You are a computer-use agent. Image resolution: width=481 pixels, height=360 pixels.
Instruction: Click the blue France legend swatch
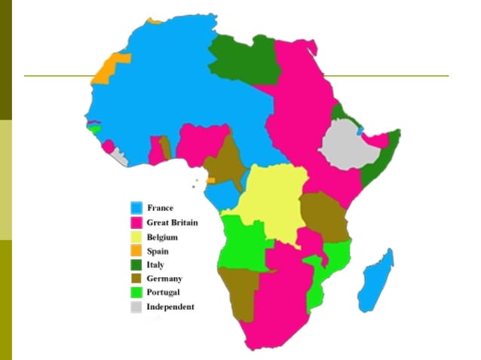click(x=137, y=208)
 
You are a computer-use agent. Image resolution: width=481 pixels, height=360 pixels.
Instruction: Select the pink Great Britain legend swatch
click(x=137, y=223)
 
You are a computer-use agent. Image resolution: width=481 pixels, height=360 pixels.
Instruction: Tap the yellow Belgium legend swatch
click(x=137, y=237)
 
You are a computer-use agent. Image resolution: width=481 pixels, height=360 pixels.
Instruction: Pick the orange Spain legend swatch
click(x=137, y=251)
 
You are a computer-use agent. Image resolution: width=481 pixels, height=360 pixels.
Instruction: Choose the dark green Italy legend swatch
click(x=137, y=265)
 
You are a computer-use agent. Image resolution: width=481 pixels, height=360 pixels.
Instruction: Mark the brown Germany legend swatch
click(x=137, y=279)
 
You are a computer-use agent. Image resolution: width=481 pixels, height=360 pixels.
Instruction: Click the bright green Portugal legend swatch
click(x=137, y=292)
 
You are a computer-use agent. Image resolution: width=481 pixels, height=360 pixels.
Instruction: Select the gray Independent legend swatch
click(x=137, y=307)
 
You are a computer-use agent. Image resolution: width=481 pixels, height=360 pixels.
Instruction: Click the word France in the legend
click(x=160, y=208)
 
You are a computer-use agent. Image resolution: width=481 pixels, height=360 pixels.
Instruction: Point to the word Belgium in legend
click(x=162, y=237)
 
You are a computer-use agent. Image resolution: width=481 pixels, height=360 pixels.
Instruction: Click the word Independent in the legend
click(x=170, y=307)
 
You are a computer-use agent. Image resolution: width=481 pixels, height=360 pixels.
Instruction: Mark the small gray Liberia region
click(x=120, y=157)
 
